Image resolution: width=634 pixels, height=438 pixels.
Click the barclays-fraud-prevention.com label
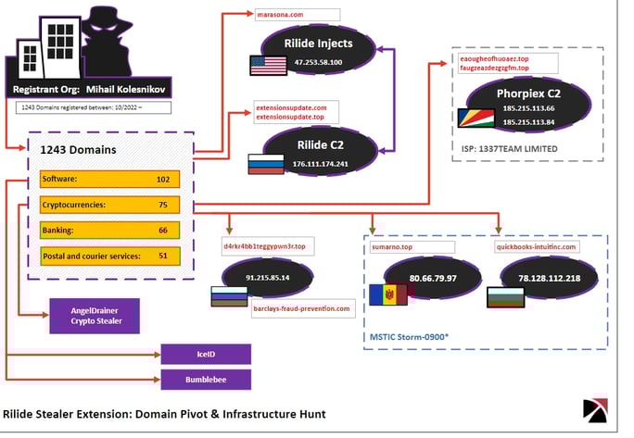(301, 308)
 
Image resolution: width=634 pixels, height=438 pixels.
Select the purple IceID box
(205, 354)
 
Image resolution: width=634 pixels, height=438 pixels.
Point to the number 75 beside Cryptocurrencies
(163, 205)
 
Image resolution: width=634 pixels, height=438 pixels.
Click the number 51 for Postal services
(163, 256)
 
